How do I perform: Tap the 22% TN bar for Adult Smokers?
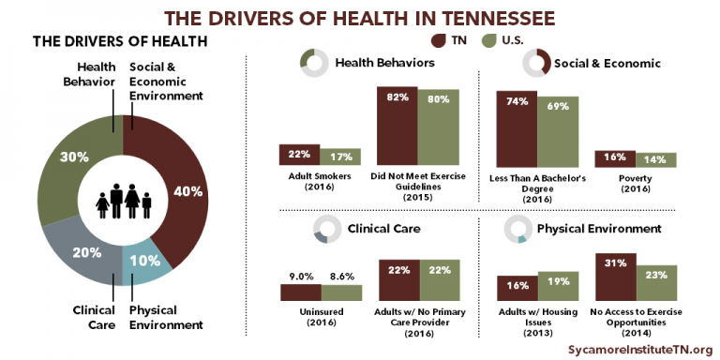(299, 156)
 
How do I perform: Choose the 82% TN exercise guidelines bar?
(397, 126)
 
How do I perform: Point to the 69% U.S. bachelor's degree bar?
(557, 130)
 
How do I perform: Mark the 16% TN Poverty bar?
(615, 158)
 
